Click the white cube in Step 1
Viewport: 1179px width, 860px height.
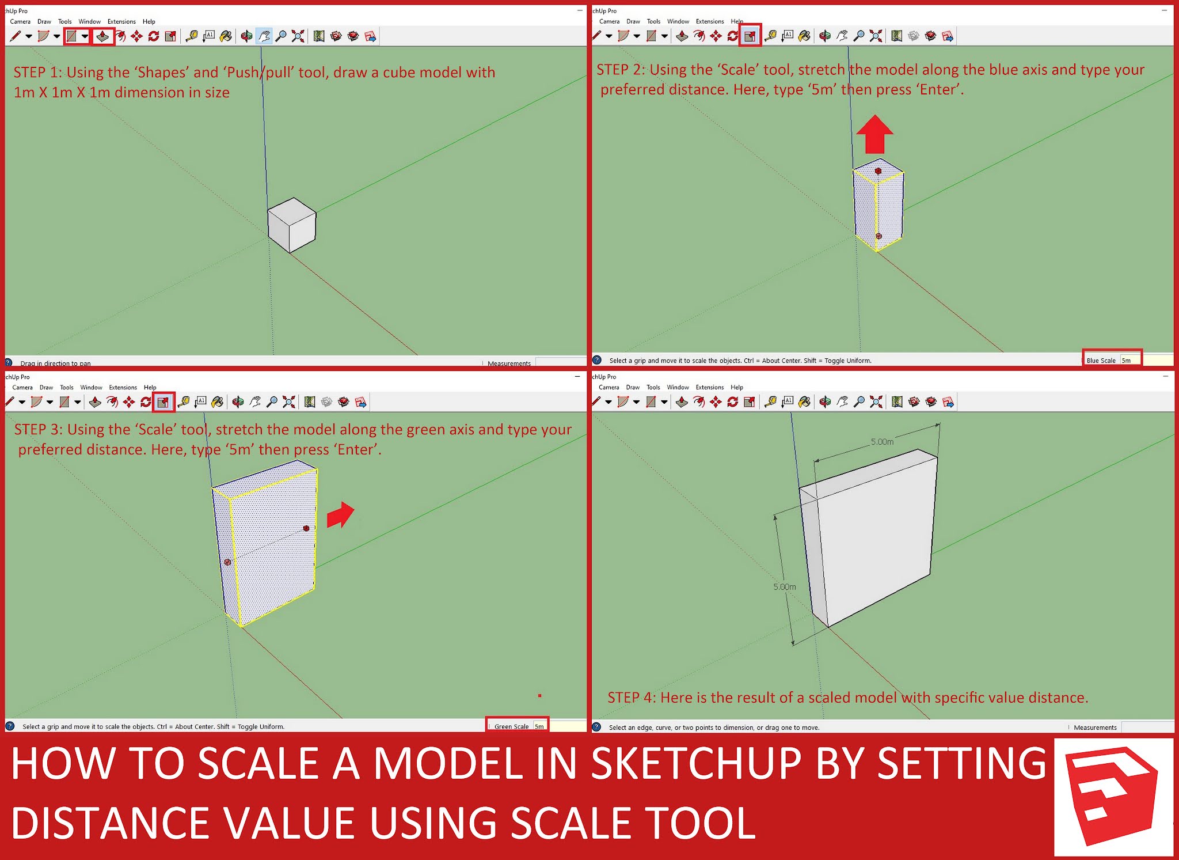coord(292,225)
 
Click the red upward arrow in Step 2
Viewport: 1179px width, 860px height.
coord(874,136)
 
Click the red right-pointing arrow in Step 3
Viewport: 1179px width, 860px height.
coord(341,514)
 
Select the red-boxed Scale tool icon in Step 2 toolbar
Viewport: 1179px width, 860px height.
coord(750,36)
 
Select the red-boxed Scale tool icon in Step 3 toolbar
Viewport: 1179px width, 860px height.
coord(163,402)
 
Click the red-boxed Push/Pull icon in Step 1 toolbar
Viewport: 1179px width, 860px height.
coord(102,36)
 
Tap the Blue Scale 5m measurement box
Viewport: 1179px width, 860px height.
coord(1112,360)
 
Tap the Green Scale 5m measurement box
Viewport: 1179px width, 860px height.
coord(518,726)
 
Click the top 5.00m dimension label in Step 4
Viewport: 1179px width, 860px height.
coord(882,442)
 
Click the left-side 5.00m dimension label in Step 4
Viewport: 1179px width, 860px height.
coord(784,586)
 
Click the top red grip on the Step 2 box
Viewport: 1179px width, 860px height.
coord(878,171)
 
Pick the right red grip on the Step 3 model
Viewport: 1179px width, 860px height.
coord(306,528)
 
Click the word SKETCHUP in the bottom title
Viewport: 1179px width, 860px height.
coord(696,764)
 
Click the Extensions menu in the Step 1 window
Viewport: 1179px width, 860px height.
coord(121,21)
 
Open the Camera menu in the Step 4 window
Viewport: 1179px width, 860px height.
coord(608,387)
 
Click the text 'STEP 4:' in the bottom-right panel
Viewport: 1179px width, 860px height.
coord(631,698)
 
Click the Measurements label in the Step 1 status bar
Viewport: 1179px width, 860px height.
coord(509,363)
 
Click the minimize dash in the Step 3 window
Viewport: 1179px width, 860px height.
coord(577,376)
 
